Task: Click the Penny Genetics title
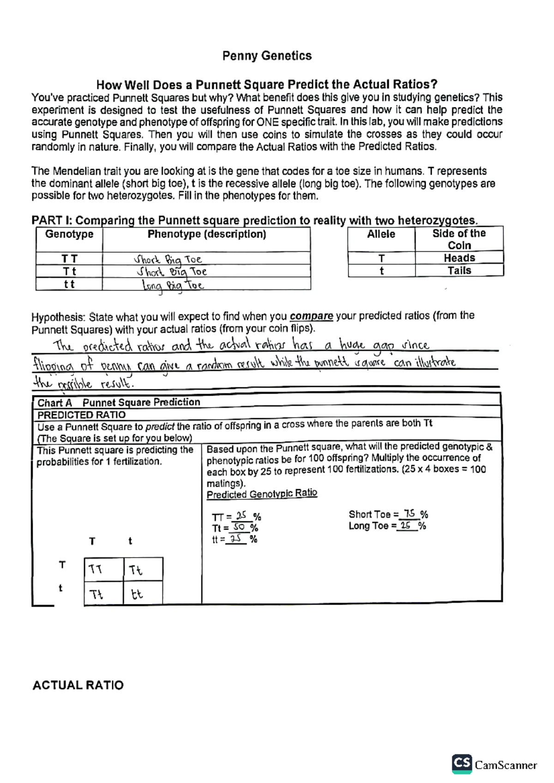click(267, 56)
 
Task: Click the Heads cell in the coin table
click(459, 258)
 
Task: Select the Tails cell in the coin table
click(459, 271)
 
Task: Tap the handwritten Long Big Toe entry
click(172, 285)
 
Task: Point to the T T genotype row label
click(69, 259)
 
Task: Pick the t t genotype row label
click(69, 284)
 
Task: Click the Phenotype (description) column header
click(206, 234)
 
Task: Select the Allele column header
click(381, 234)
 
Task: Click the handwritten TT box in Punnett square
click(96, 569)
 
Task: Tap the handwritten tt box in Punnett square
click(137, 594)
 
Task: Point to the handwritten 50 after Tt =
click(239, 527)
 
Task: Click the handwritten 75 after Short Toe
click(409, 513)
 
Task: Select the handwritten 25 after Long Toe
click(406, 525)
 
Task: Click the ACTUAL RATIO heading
click(78, 685)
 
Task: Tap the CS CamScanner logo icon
click(462, 764)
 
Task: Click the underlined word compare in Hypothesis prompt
click(311, 316)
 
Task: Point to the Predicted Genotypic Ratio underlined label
click(262, 494)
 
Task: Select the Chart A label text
click(54, 403)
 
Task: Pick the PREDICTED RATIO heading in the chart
click(81, 415)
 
